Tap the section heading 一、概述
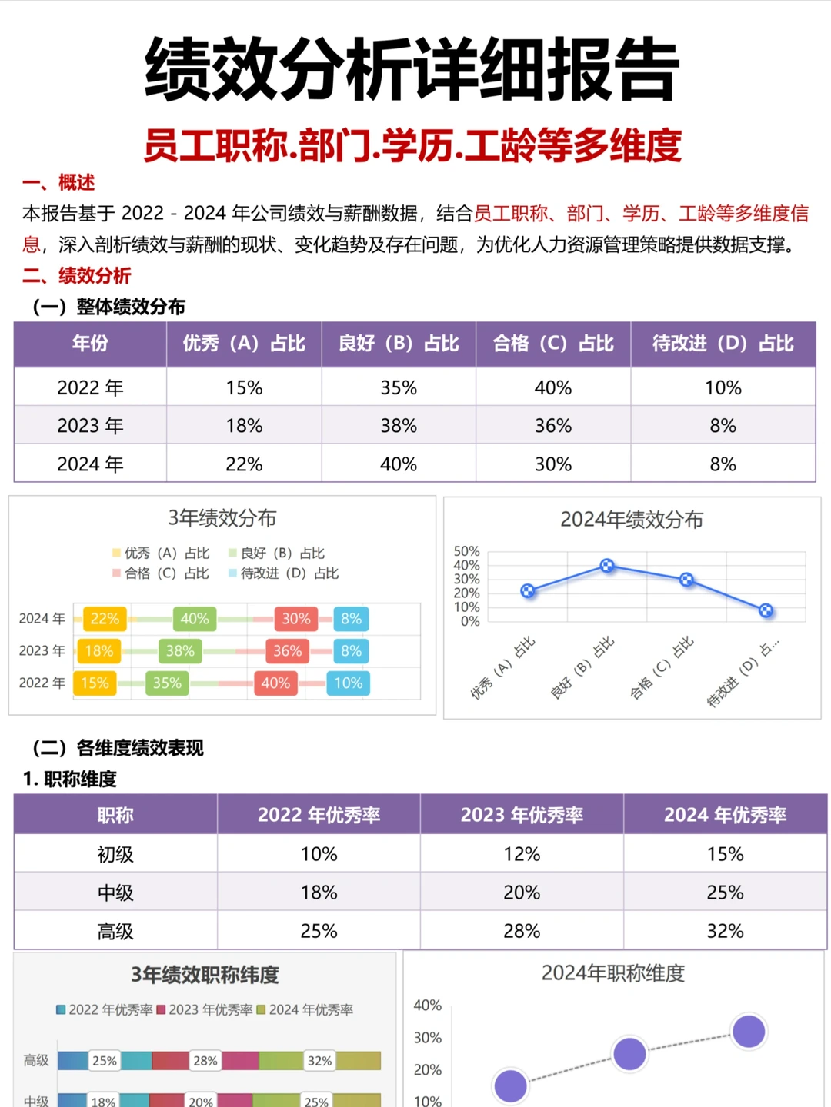pyautogui.click(x=58, y=183)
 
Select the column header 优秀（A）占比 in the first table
pyautogui.click(x=244, y=344)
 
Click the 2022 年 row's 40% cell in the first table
pyautogui.click(x=552, y=387)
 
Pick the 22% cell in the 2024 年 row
pyautogui.click(x=244, y=464)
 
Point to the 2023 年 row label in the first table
pyautogui.click(x=90, y=426)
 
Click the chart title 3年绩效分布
pyautogui.click(x=222, y=518)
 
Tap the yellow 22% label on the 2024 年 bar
pyautogui.click(x=105, y=619)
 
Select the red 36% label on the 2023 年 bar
pyautogui.click(x=287, y=651)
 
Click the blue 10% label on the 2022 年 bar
pyautogui.click(x=348, y=683)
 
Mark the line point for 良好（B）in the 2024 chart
pyautogui.click(x=607, y=566)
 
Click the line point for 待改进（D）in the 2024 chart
pyautogui.click(x=766, y=610)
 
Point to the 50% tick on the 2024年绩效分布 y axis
pyautogui.click(x=466, y=551)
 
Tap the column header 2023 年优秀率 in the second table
pyautogui.click(x=522, y=815)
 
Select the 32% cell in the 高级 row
pyautogui.click(x=725, y=931)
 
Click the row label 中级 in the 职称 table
pyautogui.click(x=115, y=893)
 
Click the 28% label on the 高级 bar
pyautogui.click(x=205, y=1061)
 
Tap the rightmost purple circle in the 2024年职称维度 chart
pyautogui.click(x=749, y=1032)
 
